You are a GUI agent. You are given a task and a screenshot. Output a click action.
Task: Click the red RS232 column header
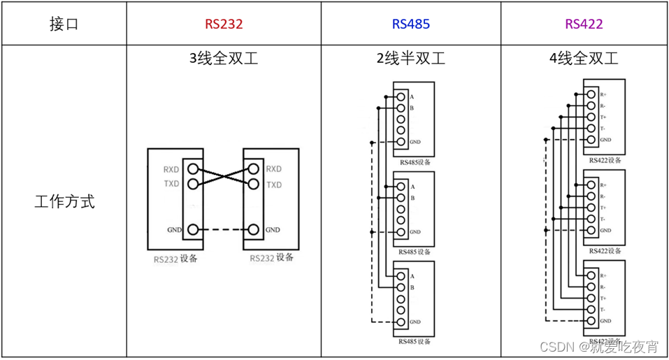[224, 24]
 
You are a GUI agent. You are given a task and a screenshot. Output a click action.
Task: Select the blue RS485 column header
[410, 24]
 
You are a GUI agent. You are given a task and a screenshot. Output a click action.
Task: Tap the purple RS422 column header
[584, 24]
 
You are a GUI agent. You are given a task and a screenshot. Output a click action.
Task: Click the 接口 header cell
[64, 24]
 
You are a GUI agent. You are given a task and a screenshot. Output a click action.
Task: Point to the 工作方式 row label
[64, 203]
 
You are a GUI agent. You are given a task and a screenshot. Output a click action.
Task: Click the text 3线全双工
[224, 59]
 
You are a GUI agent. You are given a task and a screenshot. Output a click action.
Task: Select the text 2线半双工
[410, 59]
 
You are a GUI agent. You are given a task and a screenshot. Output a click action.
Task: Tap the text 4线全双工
[584, 59]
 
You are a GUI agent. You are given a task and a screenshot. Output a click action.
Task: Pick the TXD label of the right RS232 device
[273, 185]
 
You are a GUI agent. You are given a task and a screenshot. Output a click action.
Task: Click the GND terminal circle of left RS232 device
[192, 230]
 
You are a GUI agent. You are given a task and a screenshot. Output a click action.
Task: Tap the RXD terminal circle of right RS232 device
[253, 169]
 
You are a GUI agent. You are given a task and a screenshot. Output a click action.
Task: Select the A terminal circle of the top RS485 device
[401, 96]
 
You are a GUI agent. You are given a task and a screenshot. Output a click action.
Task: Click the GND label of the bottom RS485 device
[415, 322]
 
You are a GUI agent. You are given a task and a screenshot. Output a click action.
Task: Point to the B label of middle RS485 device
[412, 198]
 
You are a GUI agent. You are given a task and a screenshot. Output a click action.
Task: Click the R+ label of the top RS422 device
[603, 94]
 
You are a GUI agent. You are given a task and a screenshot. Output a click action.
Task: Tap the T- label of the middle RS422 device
[602, 219]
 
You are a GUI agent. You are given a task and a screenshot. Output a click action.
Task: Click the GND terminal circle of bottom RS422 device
[591, 321]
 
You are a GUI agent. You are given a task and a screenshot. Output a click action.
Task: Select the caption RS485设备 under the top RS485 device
[415, 162]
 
